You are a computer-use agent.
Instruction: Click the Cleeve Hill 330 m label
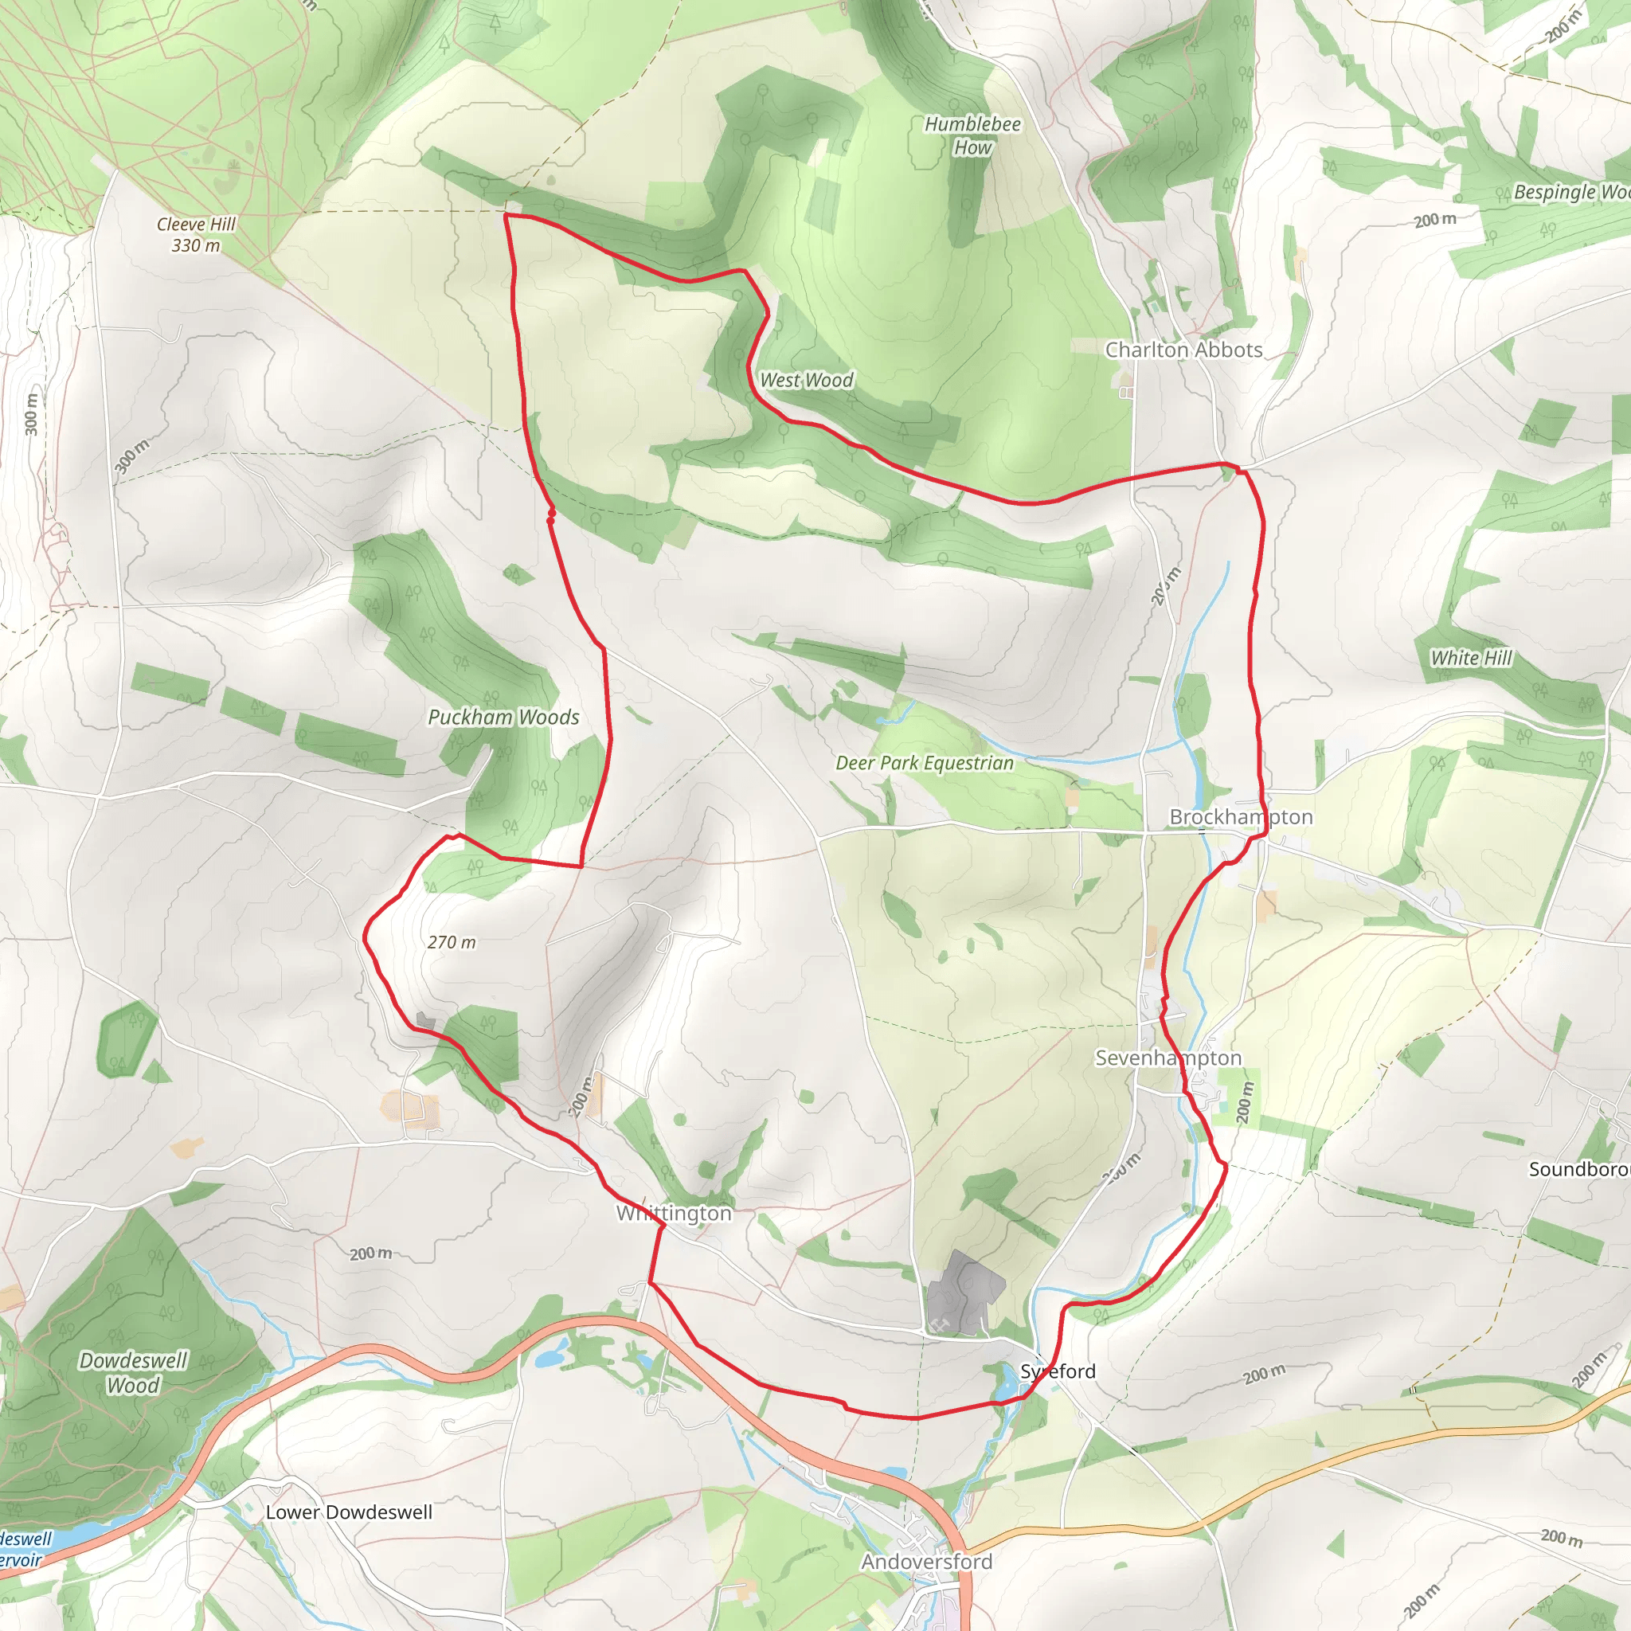[196, 235]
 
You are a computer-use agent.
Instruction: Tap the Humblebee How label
[972, 135]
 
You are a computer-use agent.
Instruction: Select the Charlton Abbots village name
[1183, 350]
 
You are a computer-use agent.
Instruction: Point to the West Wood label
[806, 380]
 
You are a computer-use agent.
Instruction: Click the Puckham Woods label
[503, 717]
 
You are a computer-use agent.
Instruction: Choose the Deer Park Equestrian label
[925, 762]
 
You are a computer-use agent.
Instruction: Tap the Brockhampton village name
[1241, 816]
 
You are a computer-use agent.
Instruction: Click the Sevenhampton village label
[1168, 1058]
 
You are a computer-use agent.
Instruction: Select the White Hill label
[1472, 658]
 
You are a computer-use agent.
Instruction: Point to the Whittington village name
[674, 1213]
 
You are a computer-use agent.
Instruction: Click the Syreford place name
[1058, 1371]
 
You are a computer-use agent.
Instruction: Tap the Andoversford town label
[926, 1562]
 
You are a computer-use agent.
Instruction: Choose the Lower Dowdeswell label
[349, 1512]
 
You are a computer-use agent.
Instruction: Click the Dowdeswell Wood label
[133, 1373]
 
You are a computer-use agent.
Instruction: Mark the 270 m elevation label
[452, 942]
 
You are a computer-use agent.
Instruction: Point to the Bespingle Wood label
[1570, 192]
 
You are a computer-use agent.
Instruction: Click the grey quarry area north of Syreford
[962, 1293]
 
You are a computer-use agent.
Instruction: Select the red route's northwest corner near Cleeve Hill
[506, 216]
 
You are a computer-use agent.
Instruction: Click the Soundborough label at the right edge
[1578, 1169]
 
